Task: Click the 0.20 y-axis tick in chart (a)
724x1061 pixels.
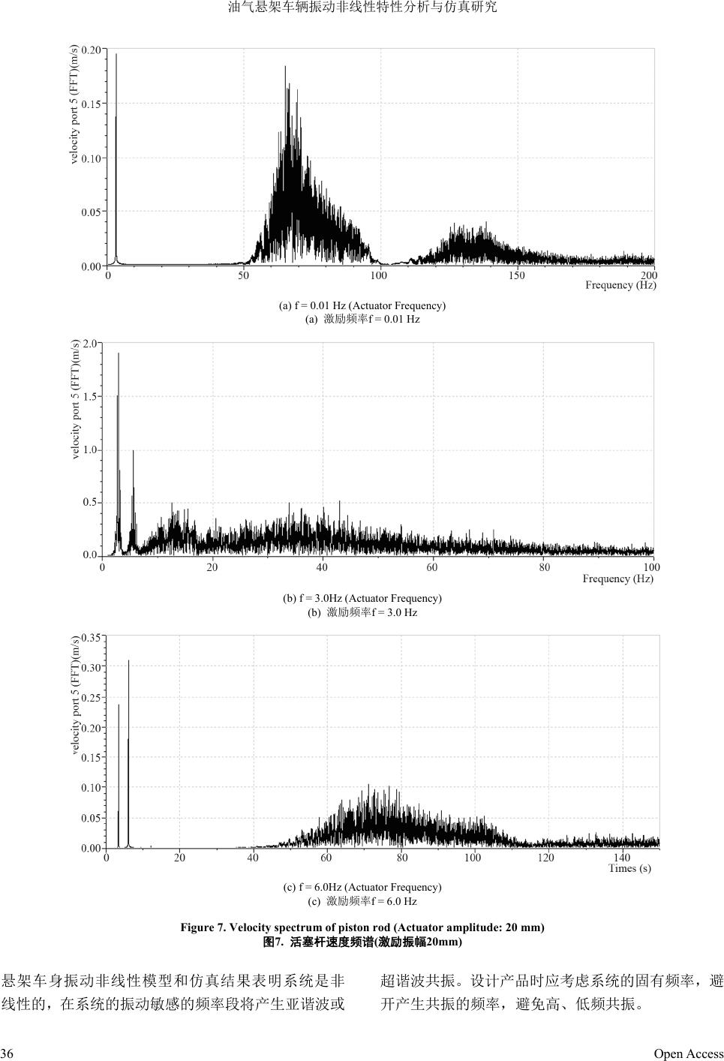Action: click(x=91, y=50)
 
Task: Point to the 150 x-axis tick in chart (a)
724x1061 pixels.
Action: click(x=516, y=275)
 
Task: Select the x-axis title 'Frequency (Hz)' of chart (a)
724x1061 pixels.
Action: click(x=620, y=285)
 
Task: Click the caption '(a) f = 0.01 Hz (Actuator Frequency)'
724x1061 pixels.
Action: click(x=362, y=305)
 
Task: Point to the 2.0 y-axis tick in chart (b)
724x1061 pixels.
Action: click(x=91, y=344)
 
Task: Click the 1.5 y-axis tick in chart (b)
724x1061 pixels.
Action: click(x=91, y=396)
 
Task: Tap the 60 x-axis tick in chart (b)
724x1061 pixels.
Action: click(x=432, y=567)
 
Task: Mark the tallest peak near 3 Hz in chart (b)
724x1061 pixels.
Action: click(x=119, y=355)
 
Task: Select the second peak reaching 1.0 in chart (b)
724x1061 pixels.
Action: click(x=134, y=452)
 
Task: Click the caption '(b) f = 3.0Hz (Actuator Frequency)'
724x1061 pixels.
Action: click(x=362, y=598)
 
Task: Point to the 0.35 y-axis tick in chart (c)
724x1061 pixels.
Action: click(x=91, y=638)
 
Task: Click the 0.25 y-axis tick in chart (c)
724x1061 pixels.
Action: click(x=91, y=698)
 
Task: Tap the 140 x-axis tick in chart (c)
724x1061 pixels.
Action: click(x=622, y=858)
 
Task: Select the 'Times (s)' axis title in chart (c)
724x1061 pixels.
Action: click(x=629, y=868)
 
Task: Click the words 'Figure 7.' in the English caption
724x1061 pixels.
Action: click(x=203, y=927)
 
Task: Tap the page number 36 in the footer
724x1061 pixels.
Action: click(x=7, y=1053)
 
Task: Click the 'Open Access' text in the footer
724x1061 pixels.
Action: click(x=688, y=1053)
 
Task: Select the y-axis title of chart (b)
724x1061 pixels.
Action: click(x=76, y=399)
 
